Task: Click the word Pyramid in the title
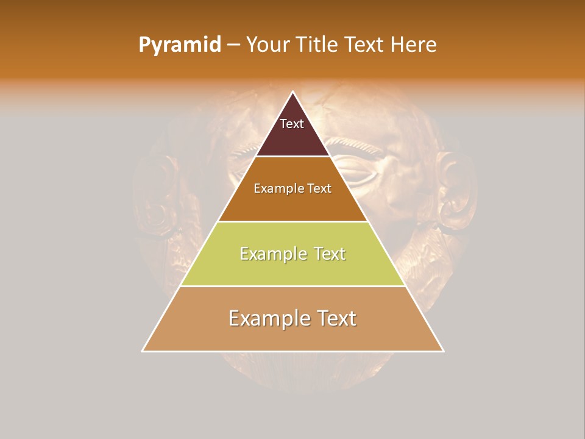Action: point(180,45)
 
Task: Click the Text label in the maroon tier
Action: point(292,124)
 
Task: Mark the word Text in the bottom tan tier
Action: point(333,318)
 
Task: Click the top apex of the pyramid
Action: point(293,92)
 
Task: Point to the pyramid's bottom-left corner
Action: point(143,351)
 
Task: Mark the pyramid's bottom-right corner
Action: point(443,351)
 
